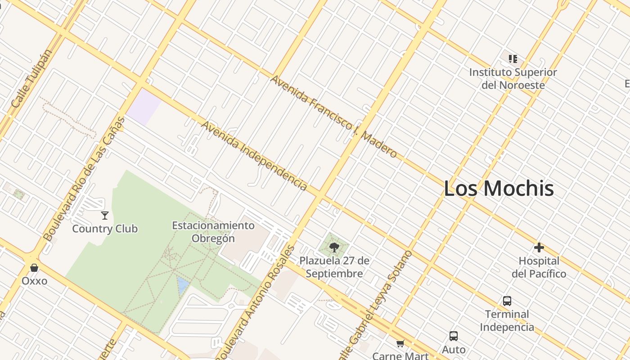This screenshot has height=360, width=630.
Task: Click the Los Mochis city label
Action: tap(499, 188)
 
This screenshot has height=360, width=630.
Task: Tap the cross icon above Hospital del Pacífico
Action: tap(539, 247)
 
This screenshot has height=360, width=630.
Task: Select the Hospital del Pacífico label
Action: tap(539, 267)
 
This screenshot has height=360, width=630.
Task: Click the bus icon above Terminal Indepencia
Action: tap(507, 301)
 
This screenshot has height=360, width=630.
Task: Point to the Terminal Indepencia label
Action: tap(507, 320)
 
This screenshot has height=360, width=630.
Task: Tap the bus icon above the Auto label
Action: tap(454, 336)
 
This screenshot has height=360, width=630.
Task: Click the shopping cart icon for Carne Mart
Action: tap(400, 344)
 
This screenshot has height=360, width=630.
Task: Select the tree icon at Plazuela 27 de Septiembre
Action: tap(334, 247)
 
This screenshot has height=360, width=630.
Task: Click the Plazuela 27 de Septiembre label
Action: tap(334, 267)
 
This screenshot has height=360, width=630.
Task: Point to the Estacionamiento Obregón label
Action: tap(213, 232)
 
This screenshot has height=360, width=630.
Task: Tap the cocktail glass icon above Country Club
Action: tap(105, 215)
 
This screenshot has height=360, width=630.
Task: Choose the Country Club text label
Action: tap(105, 229)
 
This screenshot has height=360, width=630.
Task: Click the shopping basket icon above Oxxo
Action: tap(34, 268)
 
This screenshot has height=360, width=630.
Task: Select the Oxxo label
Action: tap(34, 281)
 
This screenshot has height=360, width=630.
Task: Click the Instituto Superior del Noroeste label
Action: tap(513, 79)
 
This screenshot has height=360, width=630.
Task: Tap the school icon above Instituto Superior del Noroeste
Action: tap(513, 58)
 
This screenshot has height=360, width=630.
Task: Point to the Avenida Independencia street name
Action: tap(254, 155)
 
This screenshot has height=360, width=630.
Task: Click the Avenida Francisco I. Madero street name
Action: tap(333, 117)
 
